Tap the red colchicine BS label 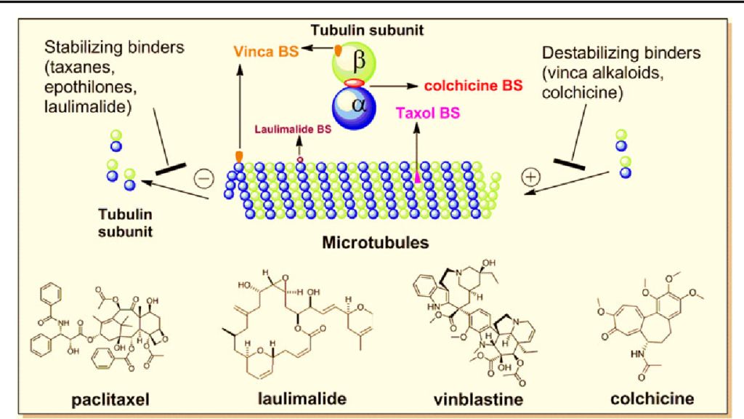point(473,85)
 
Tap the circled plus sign point(533,176)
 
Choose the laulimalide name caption point(302,399)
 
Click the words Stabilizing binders point(115,48)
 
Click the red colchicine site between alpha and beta point(354,84)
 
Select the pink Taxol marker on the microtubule point(417,175)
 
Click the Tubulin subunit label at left point(127,220)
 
